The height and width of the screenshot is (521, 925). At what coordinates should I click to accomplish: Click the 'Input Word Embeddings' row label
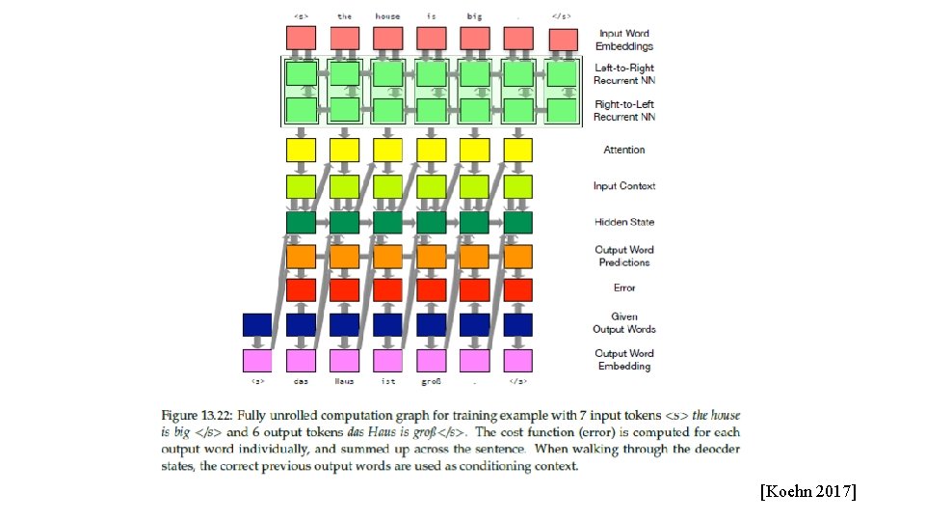tap(625, 40)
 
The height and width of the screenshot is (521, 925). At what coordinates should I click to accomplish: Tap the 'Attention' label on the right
tap(624, 150)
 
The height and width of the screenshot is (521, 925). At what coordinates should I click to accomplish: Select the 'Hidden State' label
tap(624, 222)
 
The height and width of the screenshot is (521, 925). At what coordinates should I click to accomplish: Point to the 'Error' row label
tap(624, 288)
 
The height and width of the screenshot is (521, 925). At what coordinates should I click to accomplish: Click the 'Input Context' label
tap(624, 185)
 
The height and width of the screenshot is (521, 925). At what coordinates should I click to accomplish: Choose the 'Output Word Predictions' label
tap(624, 256)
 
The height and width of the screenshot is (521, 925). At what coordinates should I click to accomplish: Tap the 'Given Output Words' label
tap(624, 322)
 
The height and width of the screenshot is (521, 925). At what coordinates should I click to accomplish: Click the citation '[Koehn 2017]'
tap(807, 492)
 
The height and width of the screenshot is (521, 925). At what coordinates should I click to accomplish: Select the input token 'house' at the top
tap(387, 15)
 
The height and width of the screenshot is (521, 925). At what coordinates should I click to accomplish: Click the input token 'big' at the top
tap(474, 15)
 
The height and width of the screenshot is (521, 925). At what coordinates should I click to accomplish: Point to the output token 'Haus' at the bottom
tap(344, 381)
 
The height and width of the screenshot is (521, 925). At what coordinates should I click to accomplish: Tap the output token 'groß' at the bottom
tap(431, 381)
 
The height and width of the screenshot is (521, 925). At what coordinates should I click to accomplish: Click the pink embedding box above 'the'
tap(344, 39)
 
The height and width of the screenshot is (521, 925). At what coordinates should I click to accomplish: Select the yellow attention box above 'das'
tap(301, 150)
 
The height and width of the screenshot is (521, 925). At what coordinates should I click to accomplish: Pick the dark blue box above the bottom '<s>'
tap(257, 324)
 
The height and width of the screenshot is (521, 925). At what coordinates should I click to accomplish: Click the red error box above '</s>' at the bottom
tap(517, 289)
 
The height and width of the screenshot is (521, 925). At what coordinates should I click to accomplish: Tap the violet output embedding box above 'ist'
tap(387, 361)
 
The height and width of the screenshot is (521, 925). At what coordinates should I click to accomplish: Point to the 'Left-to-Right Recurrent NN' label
tap(624, 74)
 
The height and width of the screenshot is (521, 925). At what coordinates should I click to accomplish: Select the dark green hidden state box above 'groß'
tap(431, 222)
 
